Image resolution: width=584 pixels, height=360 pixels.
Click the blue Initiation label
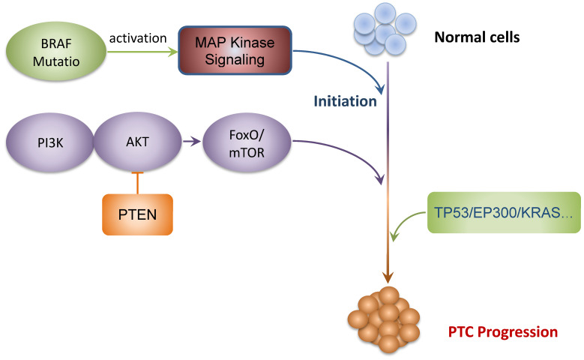pos(345,101)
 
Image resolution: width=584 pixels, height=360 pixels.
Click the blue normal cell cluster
pos(385,33)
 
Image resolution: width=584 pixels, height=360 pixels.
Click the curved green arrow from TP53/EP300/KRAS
pos(407,224)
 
